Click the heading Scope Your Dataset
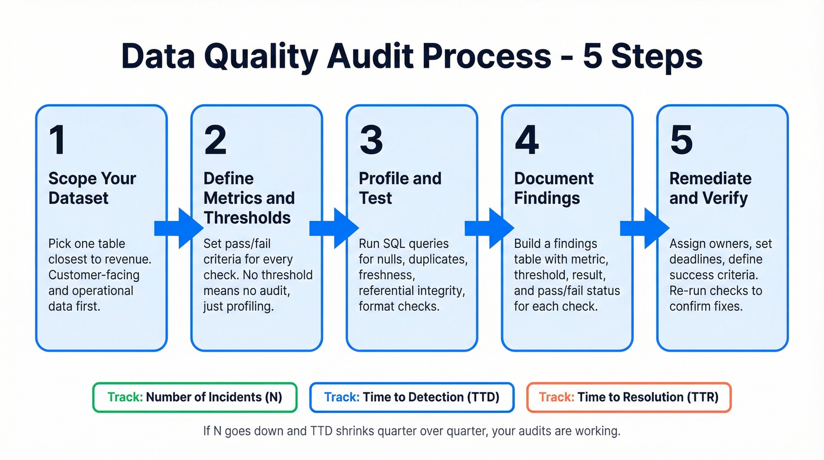(92, 188)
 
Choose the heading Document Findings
(554, 188)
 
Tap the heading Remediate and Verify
(710, 188)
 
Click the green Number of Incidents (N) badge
(195, 397)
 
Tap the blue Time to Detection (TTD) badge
(411, 397)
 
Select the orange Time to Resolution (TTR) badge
(628, 397)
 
